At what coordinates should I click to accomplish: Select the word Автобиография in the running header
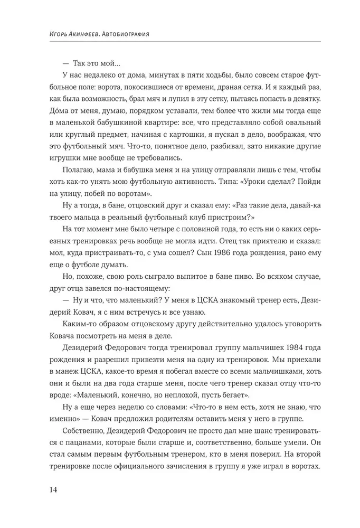point(125,34)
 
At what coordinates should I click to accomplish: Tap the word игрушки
point(62,156)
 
